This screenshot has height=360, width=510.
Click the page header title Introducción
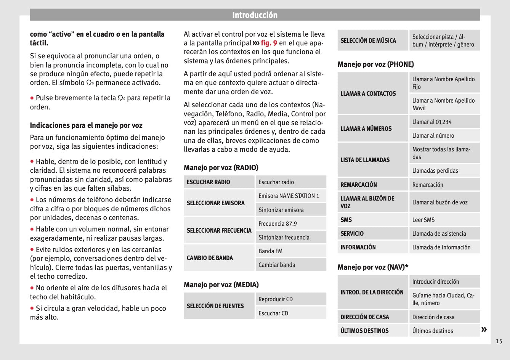point(255,15)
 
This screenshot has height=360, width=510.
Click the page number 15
point(499,341)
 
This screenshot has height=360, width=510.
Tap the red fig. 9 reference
point(269,43)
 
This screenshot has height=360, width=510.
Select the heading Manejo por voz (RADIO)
point(221,167)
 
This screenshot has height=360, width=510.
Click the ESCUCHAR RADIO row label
point(208,182)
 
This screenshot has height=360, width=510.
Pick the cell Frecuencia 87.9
point(277,224)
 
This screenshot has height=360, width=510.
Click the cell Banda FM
point(270,251)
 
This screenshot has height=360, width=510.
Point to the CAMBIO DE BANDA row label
point(210,258)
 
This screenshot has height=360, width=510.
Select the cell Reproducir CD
point(276,299)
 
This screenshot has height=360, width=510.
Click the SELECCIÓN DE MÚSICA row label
point(368,40)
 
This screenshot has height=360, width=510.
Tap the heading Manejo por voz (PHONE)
point(375,64)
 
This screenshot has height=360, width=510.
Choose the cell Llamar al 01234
point(432,122)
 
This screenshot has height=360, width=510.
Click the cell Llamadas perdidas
point(435,171)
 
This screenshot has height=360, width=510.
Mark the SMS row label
point(346,220)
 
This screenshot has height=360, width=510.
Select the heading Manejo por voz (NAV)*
point(373,267)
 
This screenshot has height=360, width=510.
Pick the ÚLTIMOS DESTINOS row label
point(364,331)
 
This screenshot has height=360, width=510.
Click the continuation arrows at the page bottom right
point(484,329)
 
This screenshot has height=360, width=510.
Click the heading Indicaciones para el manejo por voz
point(86,125)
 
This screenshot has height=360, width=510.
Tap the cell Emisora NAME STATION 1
point(289,196)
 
